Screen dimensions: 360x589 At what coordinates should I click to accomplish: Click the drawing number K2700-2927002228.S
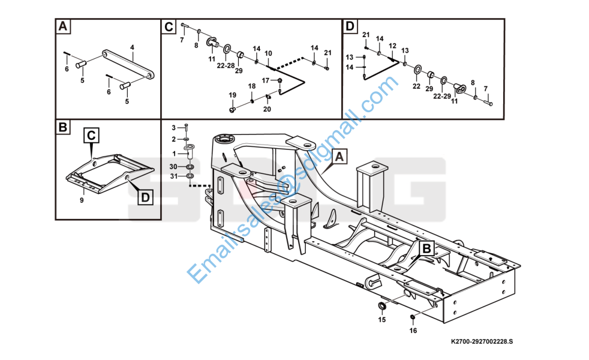(x=482, y=341)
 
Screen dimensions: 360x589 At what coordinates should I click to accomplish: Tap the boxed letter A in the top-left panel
(x=62, y=26)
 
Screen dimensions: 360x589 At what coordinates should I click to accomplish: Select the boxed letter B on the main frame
(x=426, y=248)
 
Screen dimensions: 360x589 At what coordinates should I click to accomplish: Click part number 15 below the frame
(x=381, y=320)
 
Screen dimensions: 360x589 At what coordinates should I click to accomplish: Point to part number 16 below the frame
(x=413, y=330)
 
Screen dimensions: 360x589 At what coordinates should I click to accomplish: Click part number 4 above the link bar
(x=132, y=47)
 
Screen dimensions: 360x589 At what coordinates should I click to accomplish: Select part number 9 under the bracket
(x=82, y=200)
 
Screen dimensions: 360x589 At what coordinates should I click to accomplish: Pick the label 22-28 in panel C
(x=226, y=65)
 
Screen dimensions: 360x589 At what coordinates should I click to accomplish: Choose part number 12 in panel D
(x=392, y=46)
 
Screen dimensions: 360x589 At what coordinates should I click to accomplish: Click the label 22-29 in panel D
(x=442, y=95)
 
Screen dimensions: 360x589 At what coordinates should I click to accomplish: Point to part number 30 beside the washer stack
(x=173, y=166)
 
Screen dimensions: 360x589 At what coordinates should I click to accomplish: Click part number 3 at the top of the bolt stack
(x=174, y=128)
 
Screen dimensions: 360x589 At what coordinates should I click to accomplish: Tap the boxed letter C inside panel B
(x=90, y=136)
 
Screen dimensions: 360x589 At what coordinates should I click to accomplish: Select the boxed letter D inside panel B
(x=145, y=196)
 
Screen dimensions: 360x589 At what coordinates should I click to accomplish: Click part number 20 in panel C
(x=267, y=109)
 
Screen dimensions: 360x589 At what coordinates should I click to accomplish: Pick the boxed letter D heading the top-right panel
(x=349, y=26)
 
